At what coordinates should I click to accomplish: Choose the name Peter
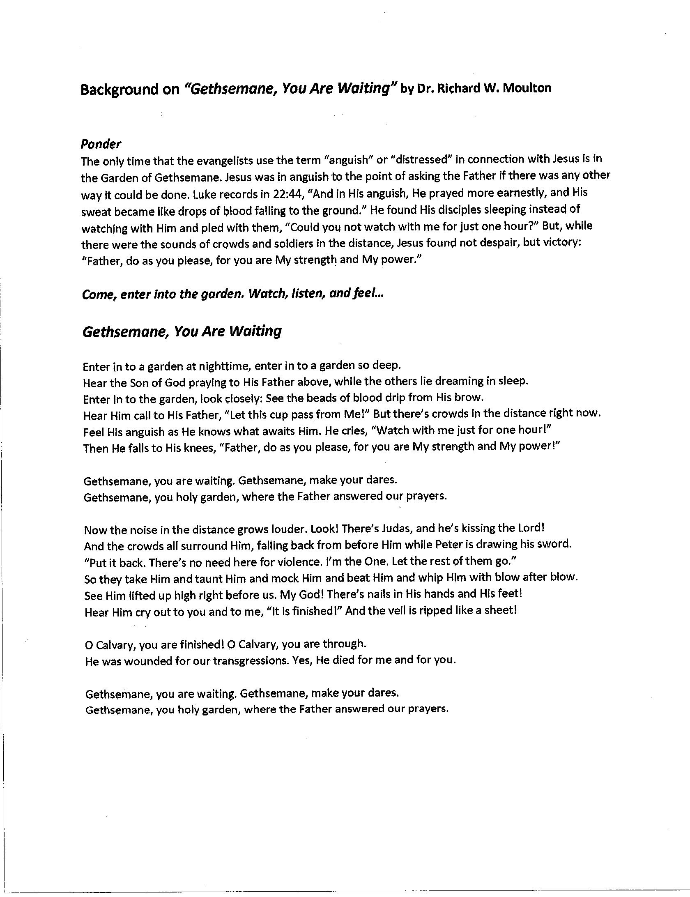coord(461,545)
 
